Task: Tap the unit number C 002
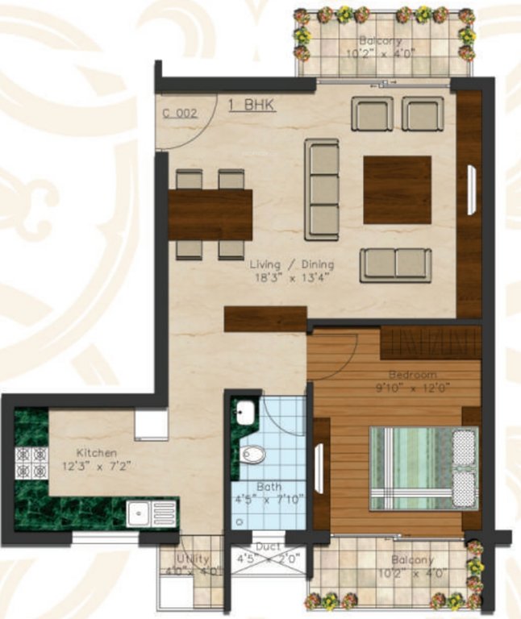pos(179,114)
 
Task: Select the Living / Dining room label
pos(291,264)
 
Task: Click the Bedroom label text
pos(412,375)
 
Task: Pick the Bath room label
pos(269,487)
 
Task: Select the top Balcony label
pos(381,42)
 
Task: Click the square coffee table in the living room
pos(397,189)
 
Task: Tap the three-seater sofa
pos(321,188)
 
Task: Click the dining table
pos(210,214)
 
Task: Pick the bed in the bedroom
pos(423,467)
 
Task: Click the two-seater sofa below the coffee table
pos(395,264)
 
